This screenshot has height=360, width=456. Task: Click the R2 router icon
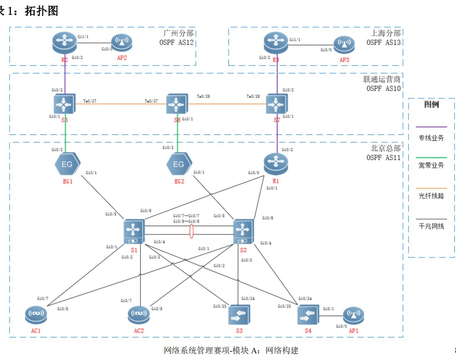65,43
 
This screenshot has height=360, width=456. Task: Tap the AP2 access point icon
122,43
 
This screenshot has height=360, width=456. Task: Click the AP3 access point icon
344,44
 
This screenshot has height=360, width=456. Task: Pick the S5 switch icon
65,103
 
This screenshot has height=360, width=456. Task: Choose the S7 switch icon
277,103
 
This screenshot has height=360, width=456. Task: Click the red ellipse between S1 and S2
192,231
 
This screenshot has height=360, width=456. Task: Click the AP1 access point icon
354,315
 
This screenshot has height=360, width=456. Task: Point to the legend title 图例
431,105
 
